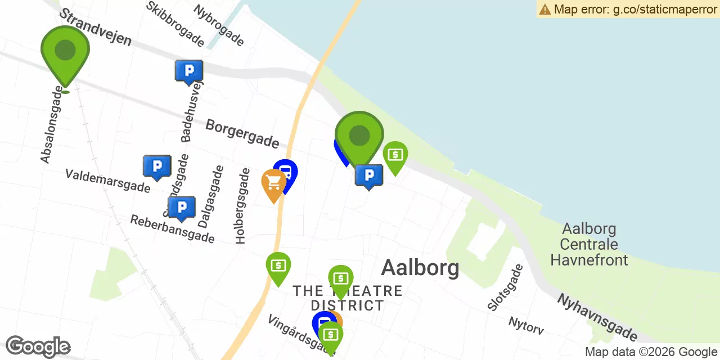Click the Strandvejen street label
coord(94,27)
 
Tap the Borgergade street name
coord(242,133)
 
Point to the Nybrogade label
coord(219,25)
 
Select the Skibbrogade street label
coord(175,23)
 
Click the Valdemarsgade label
coord(107,181)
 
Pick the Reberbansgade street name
coord(172,228)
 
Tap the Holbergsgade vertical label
coord(242,206)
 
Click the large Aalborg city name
coord(420,268)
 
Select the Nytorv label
coord(526,325)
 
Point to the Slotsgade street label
coord(505,287)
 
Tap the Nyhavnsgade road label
coord(597,317)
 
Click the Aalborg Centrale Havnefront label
coord(589,245)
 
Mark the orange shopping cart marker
coord(273,182)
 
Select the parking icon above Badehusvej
coord(189,71)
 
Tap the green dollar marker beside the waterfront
coord(395,154)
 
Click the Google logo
coord(38,347)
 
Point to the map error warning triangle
coord(544,9)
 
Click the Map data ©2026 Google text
coord(651,352)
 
